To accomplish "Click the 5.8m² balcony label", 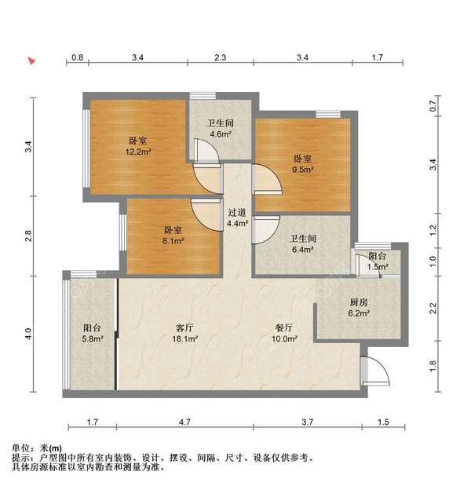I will [92, 333].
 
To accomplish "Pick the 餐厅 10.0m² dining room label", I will [284, 333].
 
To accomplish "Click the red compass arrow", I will [31, 60].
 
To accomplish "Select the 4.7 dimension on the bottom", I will [185, 422].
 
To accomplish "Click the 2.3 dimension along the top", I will [221, 57].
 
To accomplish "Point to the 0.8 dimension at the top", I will [78, 57].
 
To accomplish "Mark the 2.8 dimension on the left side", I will [28, 235].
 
